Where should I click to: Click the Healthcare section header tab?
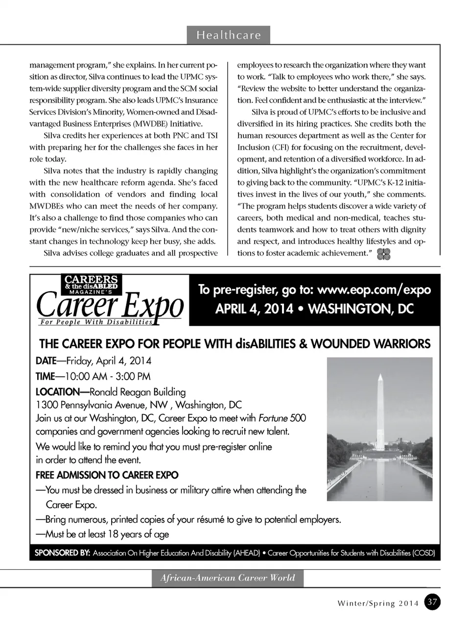click(x=228, y=35)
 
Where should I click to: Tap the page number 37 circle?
click(x=432, y=602)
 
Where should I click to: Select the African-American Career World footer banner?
click(x=228, y=578)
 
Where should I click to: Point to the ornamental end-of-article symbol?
click(x=384, y=254)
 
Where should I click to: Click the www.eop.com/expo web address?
click(x=374, y=290)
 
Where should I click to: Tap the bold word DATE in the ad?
click(x=46, y=361)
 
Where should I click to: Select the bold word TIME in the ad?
click(x=45, y=377)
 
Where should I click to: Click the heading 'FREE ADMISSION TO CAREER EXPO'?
click(x=107, y=475)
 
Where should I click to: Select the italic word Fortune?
click(x=273, y=418)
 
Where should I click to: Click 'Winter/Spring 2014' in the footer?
click(x=378, y=603)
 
